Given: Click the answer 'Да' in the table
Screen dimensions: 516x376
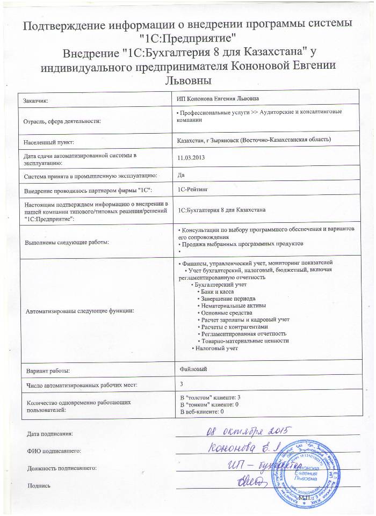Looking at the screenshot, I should [x=180, y=175].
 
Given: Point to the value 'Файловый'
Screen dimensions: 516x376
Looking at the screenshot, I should [x=192, y=369].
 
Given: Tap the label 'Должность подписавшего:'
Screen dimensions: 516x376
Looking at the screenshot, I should [x=62, y=468].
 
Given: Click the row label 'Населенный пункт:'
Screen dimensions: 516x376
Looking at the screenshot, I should [x=49, y=142].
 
